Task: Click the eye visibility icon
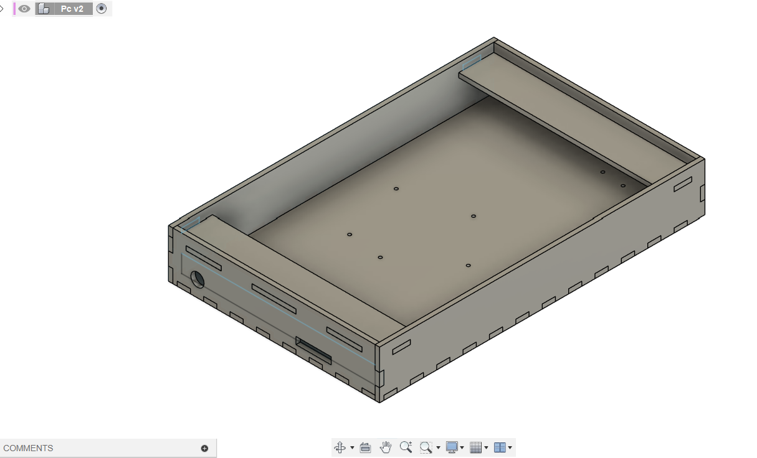[24, 9]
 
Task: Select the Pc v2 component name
[72, 9]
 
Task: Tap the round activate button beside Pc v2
[102, 9]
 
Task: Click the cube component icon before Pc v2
[44, 9]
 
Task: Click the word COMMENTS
[28, 448]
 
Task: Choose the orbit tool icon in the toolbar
[340, 447]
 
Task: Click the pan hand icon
[386, 447]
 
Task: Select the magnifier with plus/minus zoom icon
[406, 447]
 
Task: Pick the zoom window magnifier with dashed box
[426, 447]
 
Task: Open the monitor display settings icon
[452, 447]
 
